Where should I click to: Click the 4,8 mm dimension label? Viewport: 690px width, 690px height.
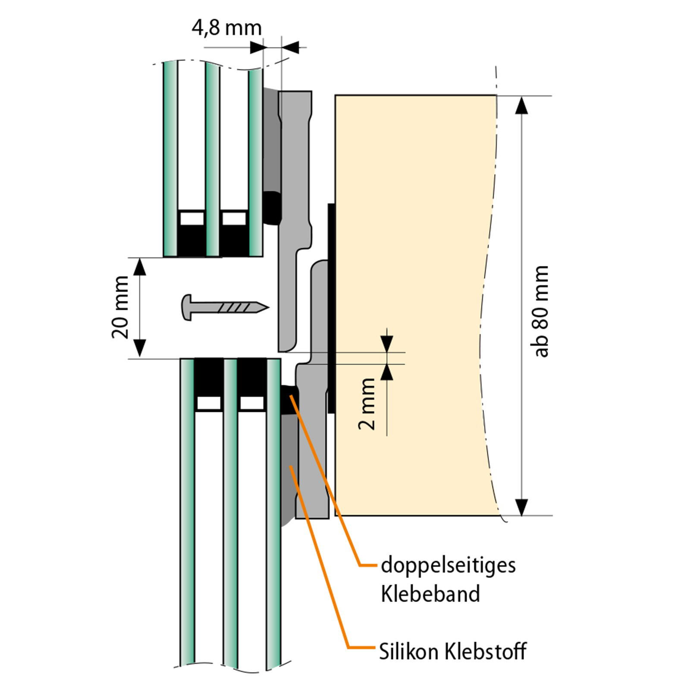(x=227, y=28)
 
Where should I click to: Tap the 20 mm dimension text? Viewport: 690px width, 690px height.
(x=120, y=307)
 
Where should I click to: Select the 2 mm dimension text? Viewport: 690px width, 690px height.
(x=367, y=404)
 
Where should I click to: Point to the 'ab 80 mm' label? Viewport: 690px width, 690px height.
(x=541, y=311)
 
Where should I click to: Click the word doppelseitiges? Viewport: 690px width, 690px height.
(x=448, y=565)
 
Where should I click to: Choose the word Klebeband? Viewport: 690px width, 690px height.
(x=430, y=594)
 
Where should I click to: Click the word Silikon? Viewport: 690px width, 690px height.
(x=409, y=652)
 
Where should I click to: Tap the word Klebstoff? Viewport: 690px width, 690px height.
(x=486, y=652)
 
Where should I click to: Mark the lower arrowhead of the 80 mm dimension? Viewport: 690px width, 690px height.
(x=521, y=507)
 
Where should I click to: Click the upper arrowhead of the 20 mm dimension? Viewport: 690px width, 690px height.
(x=140, y=267)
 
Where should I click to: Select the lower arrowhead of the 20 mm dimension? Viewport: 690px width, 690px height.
(x=140, y=348)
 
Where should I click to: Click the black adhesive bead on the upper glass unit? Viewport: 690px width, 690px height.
(x=272, y=208)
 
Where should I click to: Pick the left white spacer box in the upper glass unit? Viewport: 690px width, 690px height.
(x=192, y=218)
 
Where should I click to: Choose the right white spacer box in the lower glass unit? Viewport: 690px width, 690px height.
(x=252, y=403)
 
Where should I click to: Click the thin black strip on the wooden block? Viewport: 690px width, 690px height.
(x=331, y=308)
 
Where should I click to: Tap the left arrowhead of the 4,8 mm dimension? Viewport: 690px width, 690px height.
(x=257, y=47)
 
